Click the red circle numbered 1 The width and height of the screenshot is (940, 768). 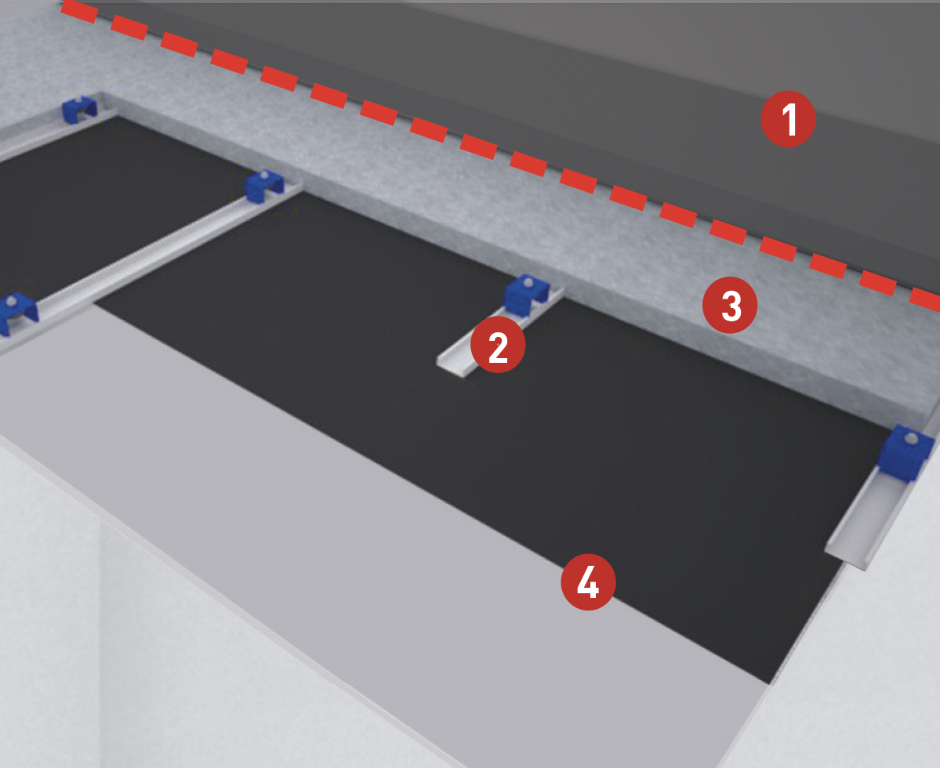pos(788,119)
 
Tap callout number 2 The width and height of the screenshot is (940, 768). pos(498,345)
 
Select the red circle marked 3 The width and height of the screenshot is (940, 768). pos(730,306)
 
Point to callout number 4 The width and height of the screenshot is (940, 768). pos(588,582)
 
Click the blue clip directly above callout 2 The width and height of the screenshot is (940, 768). pos(526,294)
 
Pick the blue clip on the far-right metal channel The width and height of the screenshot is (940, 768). pos(905,451)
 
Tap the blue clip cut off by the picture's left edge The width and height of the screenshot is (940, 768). pos(16,313)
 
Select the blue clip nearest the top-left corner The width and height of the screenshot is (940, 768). pos(79,109)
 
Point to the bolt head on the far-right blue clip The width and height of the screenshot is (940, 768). pos(911,439)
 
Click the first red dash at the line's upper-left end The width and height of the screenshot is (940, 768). pos(79,11)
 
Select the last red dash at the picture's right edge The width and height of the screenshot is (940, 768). pos(925,299)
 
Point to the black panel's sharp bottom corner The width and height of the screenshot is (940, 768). pos(768,682)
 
